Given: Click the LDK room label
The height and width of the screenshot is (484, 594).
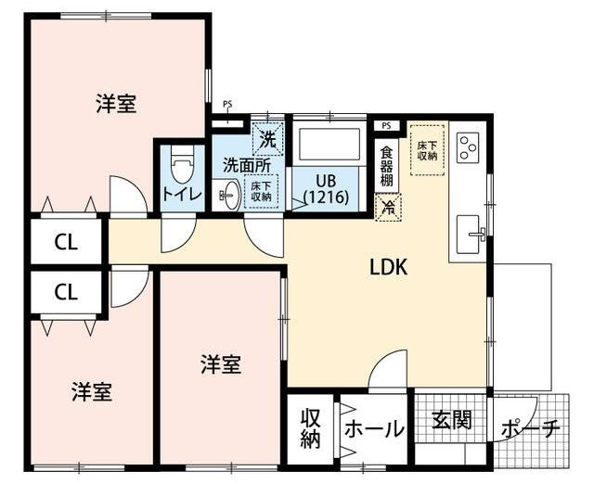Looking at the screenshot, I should coord(390,267).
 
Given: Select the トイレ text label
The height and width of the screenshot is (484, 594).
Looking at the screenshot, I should coord(181,196).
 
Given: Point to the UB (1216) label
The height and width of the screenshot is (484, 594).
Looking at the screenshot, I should coord(325,188).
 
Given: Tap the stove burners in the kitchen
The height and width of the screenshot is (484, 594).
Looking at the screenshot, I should coord(468,146).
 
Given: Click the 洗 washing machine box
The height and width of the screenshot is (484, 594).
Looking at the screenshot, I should coord(267,140).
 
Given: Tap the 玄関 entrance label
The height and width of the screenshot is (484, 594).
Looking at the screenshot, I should coord(452,420).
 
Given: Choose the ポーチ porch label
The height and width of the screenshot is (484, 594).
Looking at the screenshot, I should coord(531,429).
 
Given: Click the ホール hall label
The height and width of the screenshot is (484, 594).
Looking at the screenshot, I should coord(374,429).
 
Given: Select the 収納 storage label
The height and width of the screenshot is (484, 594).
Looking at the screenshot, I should coord(310,429).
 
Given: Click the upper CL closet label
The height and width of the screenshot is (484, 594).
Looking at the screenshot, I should coord(65,243).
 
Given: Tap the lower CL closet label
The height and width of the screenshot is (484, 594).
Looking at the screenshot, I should coord(65,292).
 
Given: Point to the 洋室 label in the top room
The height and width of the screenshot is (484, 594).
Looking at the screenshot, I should coord(116,104).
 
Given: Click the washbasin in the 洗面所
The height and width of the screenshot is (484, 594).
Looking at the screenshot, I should coord(227,194).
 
